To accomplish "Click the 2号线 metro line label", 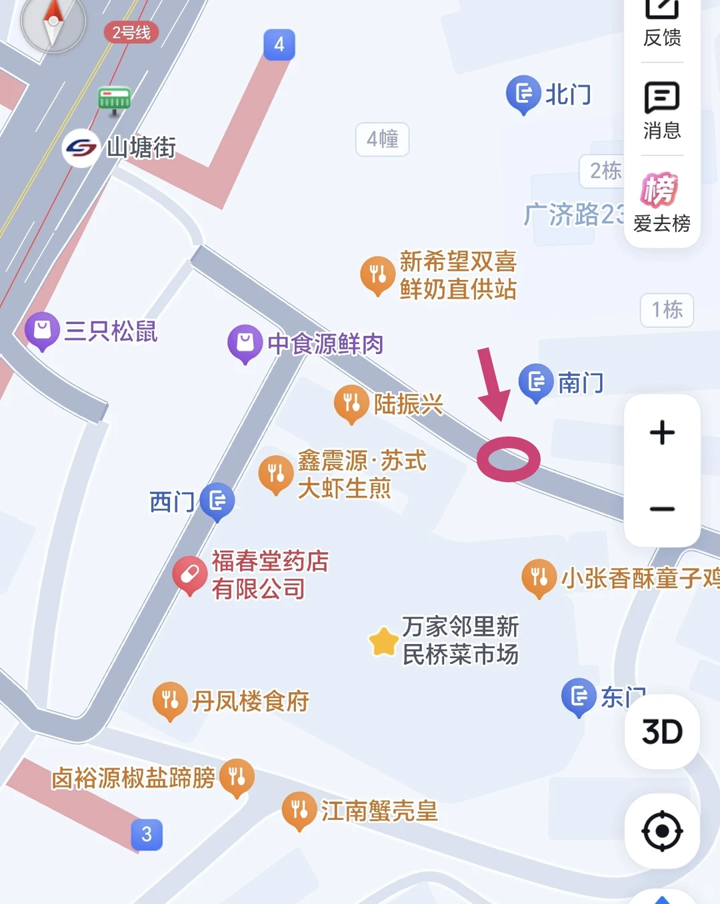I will pyautogui.click(x=131, y=32).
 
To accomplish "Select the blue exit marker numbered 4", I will pyautogui.click(x=279, y=45).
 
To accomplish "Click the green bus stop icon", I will pyautogui.click(x=114, y=100).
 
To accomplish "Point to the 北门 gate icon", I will pyautogui.click(x=524, y=93).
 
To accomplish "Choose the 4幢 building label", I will pyautogui.click(x=383, y=139).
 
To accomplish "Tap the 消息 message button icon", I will pyautogui.click(x=661, y=99).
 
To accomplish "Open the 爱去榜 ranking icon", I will pyautogui.click(x=660, y=191).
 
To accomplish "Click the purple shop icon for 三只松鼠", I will pyautogui.click(x=42, y=330).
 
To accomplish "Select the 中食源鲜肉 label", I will pyautogui.click(x=325, y=344).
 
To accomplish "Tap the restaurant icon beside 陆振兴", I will pyautogui.click(x=351, y=403).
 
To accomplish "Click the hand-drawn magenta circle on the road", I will pyautogui.click(x=508, y=459).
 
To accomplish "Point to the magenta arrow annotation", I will pyautogui.click(x=493, y=383).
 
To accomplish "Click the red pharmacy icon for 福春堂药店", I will pyautogui.click(x=189, y=574).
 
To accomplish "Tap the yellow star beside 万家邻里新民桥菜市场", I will pyautogui.click(x=384, y=641).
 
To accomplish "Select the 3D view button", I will pyautogui.click(x=662, y=731).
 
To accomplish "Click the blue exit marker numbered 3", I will pyautogui.click(x=147, y=834).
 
